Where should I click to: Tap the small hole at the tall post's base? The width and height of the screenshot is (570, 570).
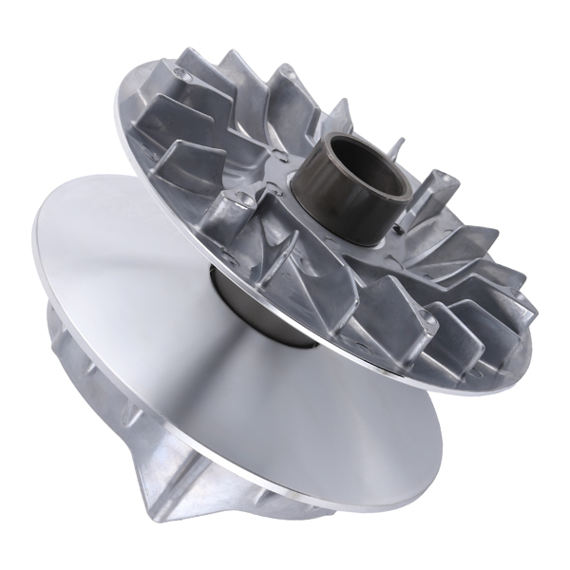pos(419,228)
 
